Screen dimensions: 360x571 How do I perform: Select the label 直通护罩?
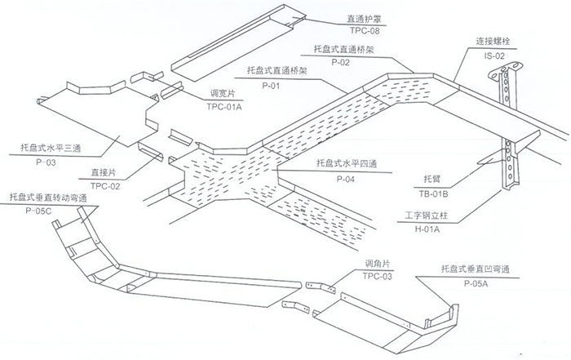click(339, 16)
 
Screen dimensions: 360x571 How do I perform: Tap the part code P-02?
click(340, 63)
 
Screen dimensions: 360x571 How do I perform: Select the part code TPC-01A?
click(225, 106)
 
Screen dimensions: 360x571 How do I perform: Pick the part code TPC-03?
click(378, 276)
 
